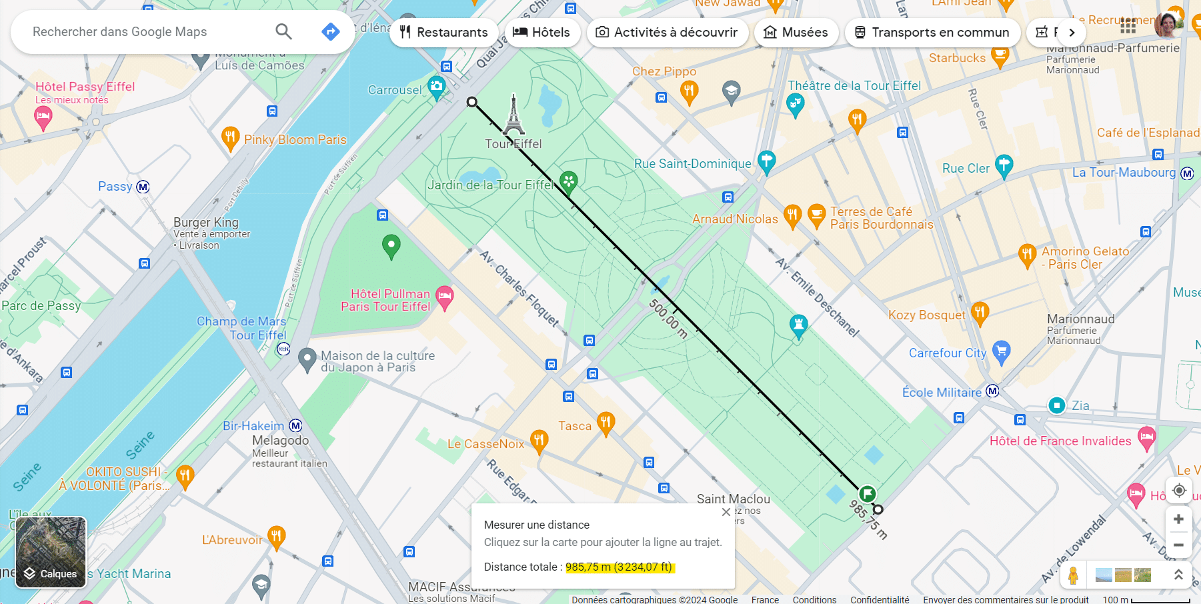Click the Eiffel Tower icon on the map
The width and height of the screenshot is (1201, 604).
(x=513, y=115)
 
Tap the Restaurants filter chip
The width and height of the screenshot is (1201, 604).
(x=443, y=32)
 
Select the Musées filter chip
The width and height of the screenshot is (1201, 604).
(x=796, y=32)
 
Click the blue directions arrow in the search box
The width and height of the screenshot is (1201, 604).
(x=330, y=31)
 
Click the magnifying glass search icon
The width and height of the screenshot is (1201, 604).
(x=283, y=31)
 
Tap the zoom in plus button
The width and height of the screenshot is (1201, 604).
(x=1178, y=519)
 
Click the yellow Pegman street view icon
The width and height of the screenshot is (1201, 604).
(x=1073, y=575)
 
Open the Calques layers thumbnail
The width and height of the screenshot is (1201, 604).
(x=51, y=552)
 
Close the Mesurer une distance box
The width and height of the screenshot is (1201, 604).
(x=726, y=512)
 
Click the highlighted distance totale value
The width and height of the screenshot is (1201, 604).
(x=619, y=567)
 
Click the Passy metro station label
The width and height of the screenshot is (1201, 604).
(x=116, y=187)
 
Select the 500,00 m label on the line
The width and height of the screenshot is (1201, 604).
(x=668, y=319)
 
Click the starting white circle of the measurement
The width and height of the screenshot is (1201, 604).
(x=472, y=102)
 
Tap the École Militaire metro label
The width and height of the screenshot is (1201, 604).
(x=942, y=393)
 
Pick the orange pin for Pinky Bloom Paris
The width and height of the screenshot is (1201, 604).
(x=229, y=137)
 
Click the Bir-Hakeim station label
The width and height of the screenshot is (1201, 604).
(x=253, y=426)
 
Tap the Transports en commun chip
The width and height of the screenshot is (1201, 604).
(x=932, y=32)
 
